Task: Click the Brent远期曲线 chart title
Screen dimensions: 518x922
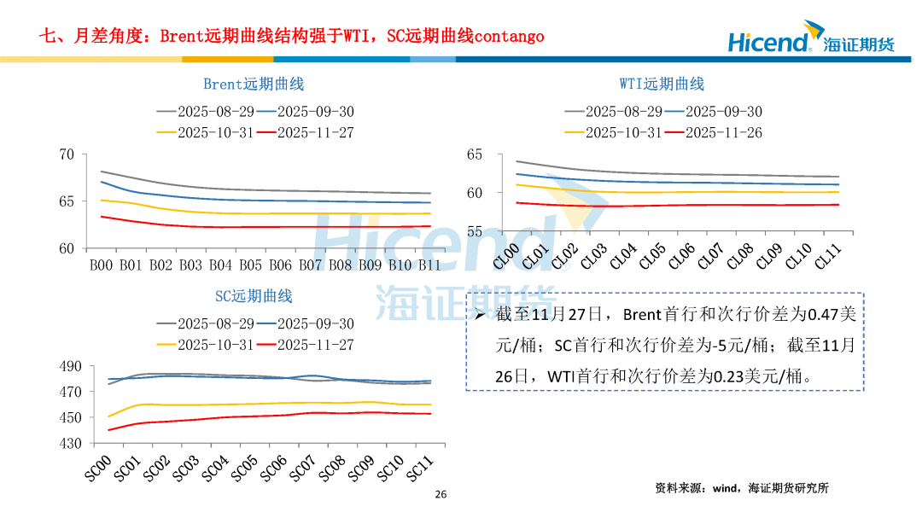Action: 254,84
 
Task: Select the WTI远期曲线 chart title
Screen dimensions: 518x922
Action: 662,84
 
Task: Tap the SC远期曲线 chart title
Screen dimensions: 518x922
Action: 254,296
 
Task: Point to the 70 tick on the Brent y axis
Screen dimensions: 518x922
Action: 67,154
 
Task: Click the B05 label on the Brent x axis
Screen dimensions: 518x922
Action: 250,265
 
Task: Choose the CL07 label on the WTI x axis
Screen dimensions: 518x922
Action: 709,256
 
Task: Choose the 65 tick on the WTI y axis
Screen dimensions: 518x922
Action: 476,154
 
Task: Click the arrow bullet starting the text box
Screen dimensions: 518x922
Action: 480,315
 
